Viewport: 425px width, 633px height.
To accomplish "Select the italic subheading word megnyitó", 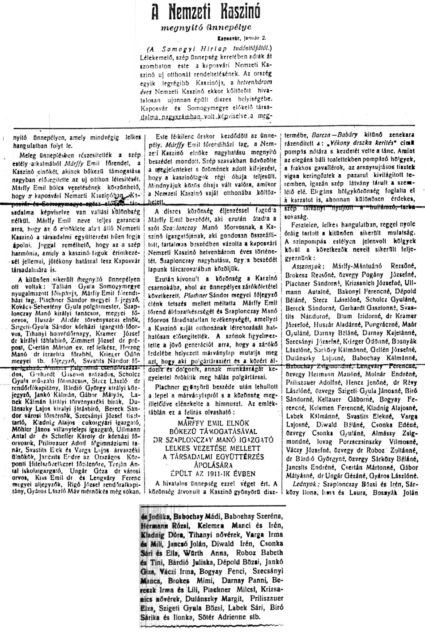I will pyautogui.click(x=178, y=28).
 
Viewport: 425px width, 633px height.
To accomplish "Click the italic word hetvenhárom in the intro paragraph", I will pyautogui.click(x=251, y=82).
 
